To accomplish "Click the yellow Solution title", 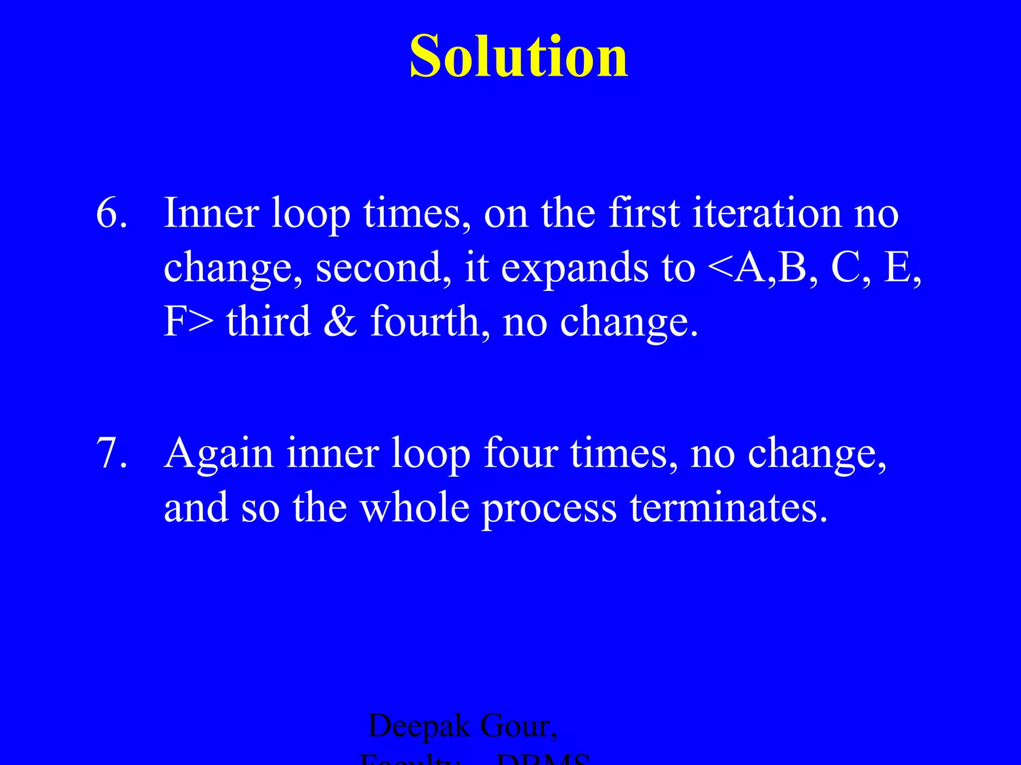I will click(x=518, y=56).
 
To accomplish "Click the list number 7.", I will click(x=111, y=453).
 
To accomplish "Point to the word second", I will click(x=379, y=267).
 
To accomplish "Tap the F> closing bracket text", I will click(x=188, y=322).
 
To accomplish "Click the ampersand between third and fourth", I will click(x=340, y=322).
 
